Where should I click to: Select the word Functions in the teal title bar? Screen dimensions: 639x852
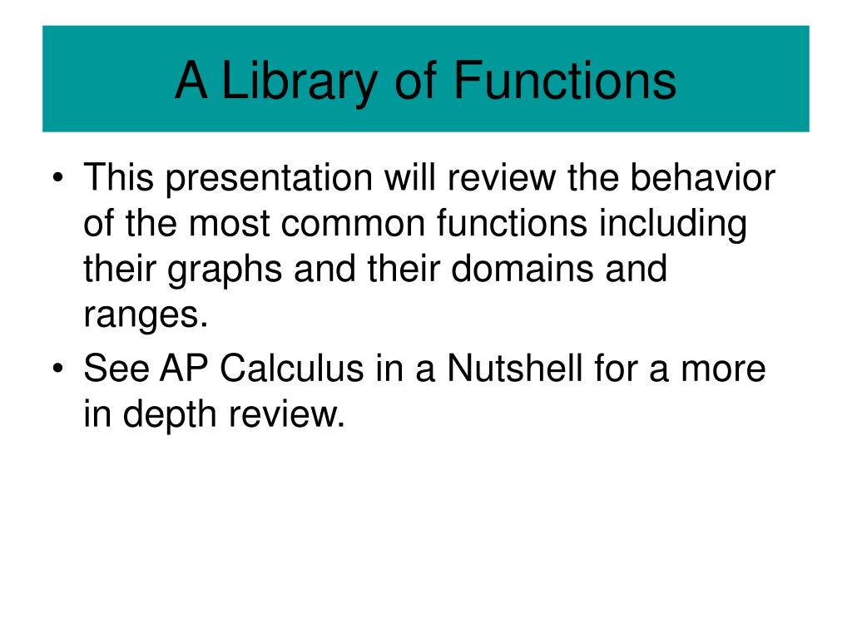565,81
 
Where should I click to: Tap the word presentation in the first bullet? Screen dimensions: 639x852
266,180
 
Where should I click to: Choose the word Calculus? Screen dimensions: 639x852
300,369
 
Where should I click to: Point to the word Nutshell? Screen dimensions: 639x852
515,369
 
